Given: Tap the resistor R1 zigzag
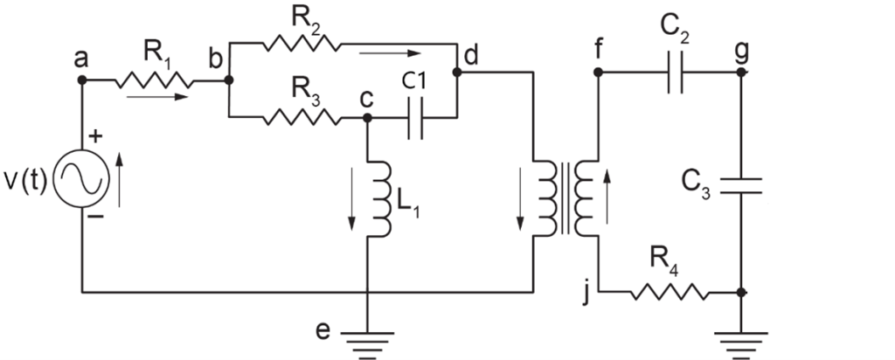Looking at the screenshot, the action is tap(154, 80).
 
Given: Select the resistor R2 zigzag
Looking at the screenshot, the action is tap(302, 43).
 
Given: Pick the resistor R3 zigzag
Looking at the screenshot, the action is tap(302, 118).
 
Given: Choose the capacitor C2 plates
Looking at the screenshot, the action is tap(676, 73).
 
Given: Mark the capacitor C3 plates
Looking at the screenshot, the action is tap(741, 185).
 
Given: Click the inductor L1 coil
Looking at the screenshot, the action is tap(379, 198).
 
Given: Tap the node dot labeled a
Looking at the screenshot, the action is tap(81, 80).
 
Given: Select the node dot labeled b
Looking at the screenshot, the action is tap(229, 80).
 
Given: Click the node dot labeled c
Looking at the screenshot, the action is tap(368, 118).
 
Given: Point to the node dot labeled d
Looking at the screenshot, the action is tap(457, 73).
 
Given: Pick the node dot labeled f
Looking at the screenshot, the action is tap(598, 73).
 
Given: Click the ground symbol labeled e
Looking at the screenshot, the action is tap(368, 345).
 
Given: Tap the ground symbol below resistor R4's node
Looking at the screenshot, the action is tap(741, 345).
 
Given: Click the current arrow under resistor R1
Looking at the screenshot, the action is tap(157, 97).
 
